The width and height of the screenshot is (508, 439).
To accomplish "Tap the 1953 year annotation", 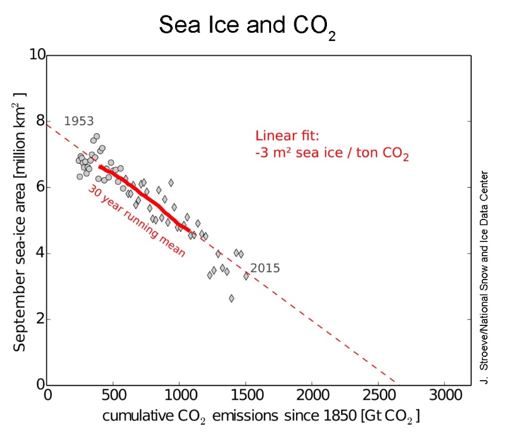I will pos(79,121).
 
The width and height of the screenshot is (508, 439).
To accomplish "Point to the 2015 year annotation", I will pos(265,268).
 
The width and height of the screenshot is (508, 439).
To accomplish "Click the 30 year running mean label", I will pos(137,221).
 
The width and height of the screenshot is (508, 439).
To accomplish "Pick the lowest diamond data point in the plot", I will pos(232,298).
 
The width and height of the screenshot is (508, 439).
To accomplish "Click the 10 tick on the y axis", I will pos(37,55).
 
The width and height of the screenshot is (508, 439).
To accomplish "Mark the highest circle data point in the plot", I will pos(96,136).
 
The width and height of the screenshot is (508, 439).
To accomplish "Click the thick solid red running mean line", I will pos(149,197).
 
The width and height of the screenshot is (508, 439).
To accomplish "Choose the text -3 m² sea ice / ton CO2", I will pos(332,155).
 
